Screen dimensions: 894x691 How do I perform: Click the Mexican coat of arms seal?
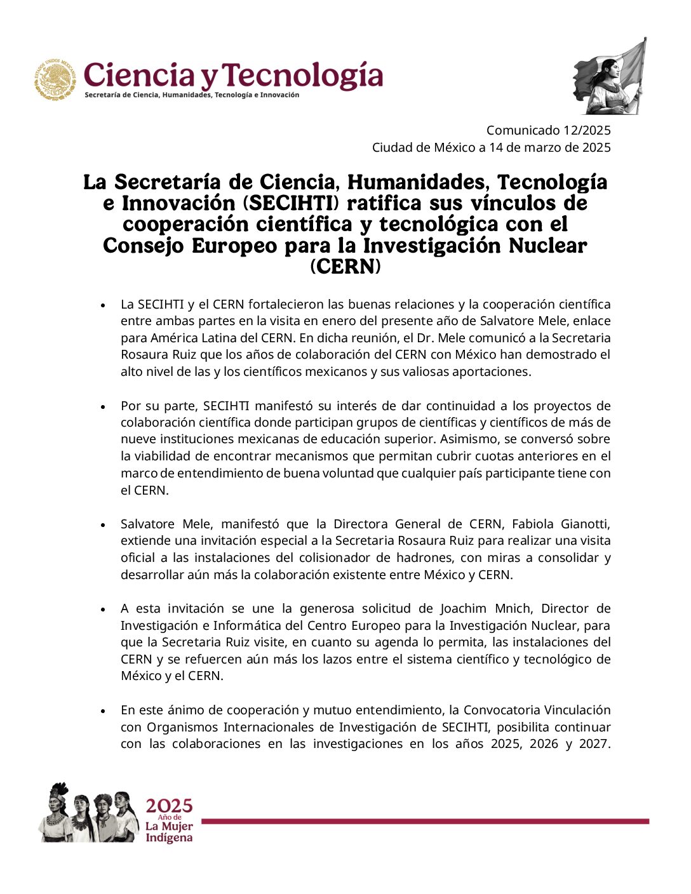55,80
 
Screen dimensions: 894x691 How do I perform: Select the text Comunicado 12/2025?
548,130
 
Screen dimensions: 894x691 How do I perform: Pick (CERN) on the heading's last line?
345,266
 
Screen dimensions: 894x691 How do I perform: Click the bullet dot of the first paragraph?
103,305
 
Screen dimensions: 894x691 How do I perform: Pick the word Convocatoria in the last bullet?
500,710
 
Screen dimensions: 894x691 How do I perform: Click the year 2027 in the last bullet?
593,744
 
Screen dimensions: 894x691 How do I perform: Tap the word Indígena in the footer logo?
169,838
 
